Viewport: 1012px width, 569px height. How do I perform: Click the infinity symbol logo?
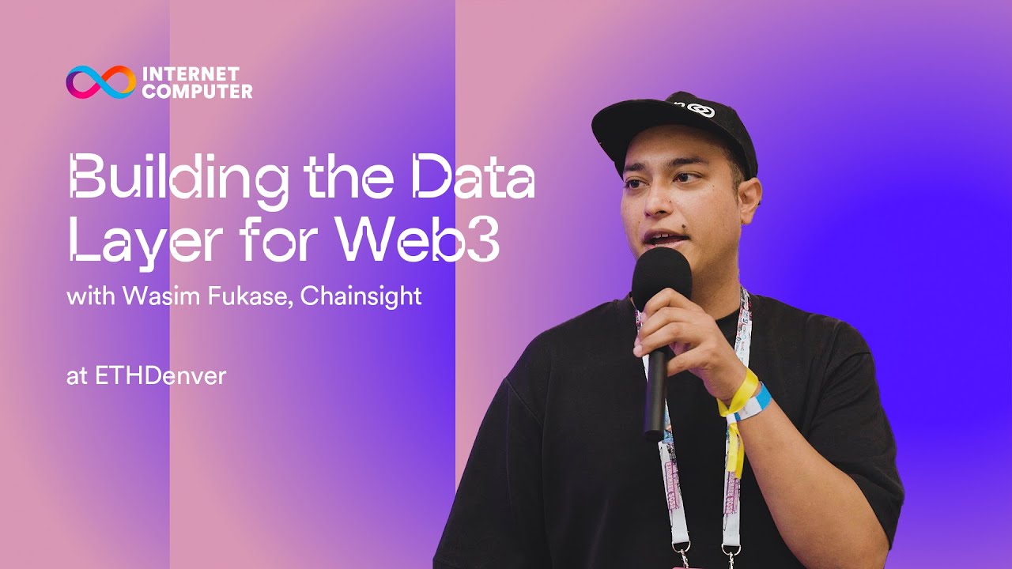(100, 82)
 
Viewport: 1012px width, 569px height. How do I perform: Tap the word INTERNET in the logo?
(191, 74)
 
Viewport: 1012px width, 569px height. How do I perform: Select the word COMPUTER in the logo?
(197, 91)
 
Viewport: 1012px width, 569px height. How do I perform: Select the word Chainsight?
(361, 297)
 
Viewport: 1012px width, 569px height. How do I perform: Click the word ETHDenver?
(160, 376)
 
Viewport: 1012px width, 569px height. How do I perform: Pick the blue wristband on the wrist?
(761, 403)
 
